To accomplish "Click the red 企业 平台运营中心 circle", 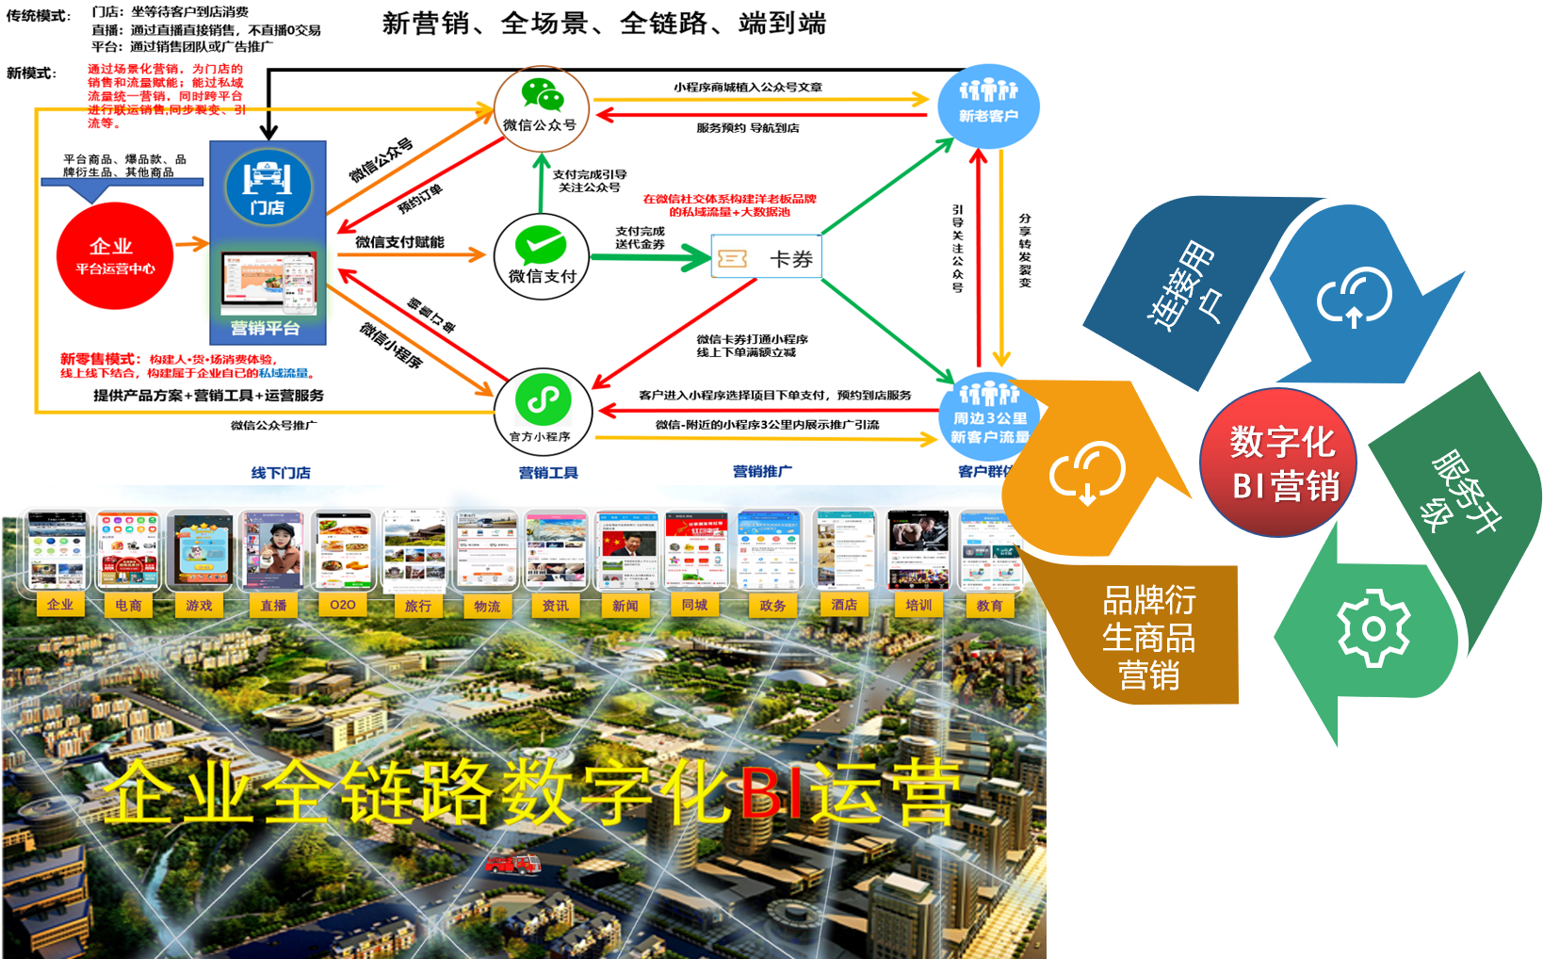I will click(115, 256).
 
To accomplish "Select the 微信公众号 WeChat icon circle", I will click(542, 108).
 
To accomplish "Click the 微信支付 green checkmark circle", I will click(542, 256).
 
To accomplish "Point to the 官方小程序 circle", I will click(543, 412).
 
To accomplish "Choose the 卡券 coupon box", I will click(766, 258).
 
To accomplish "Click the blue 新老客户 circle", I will click(988, 106).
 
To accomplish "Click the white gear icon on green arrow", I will click(1373, 627).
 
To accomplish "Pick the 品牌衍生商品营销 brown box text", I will click(1148, 637).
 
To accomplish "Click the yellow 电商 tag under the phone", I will click(128, 605).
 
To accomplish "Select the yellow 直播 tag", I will click(273, 605).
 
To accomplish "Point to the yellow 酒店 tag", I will click(844, 605).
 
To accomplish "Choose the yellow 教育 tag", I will click(989, 605).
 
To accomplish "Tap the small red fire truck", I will click(512, 862).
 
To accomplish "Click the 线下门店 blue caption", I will click(281, 473).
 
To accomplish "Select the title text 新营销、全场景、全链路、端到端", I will click(604, 24).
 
